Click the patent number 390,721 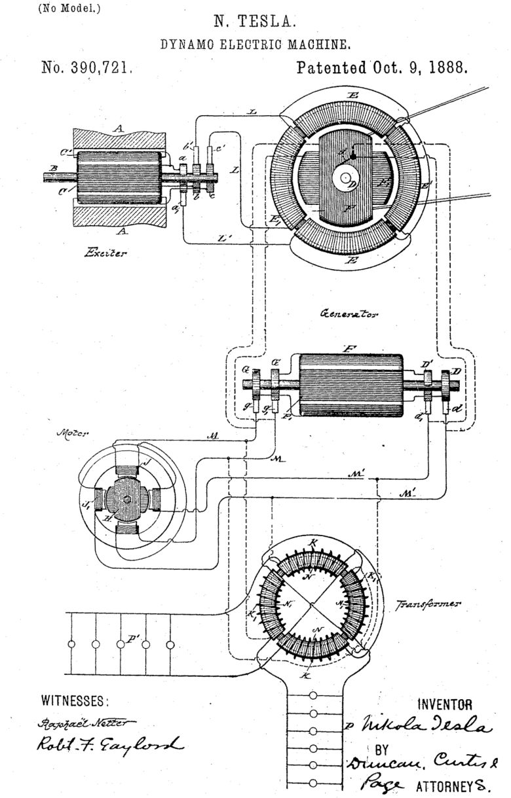coord(87,67)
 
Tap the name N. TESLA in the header coord(255,22)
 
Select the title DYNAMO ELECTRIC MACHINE coord(255,45)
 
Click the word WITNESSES coord(72,700)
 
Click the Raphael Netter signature coord(82,722)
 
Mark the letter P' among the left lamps coord(133,635)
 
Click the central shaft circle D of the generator coord(345,177)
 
